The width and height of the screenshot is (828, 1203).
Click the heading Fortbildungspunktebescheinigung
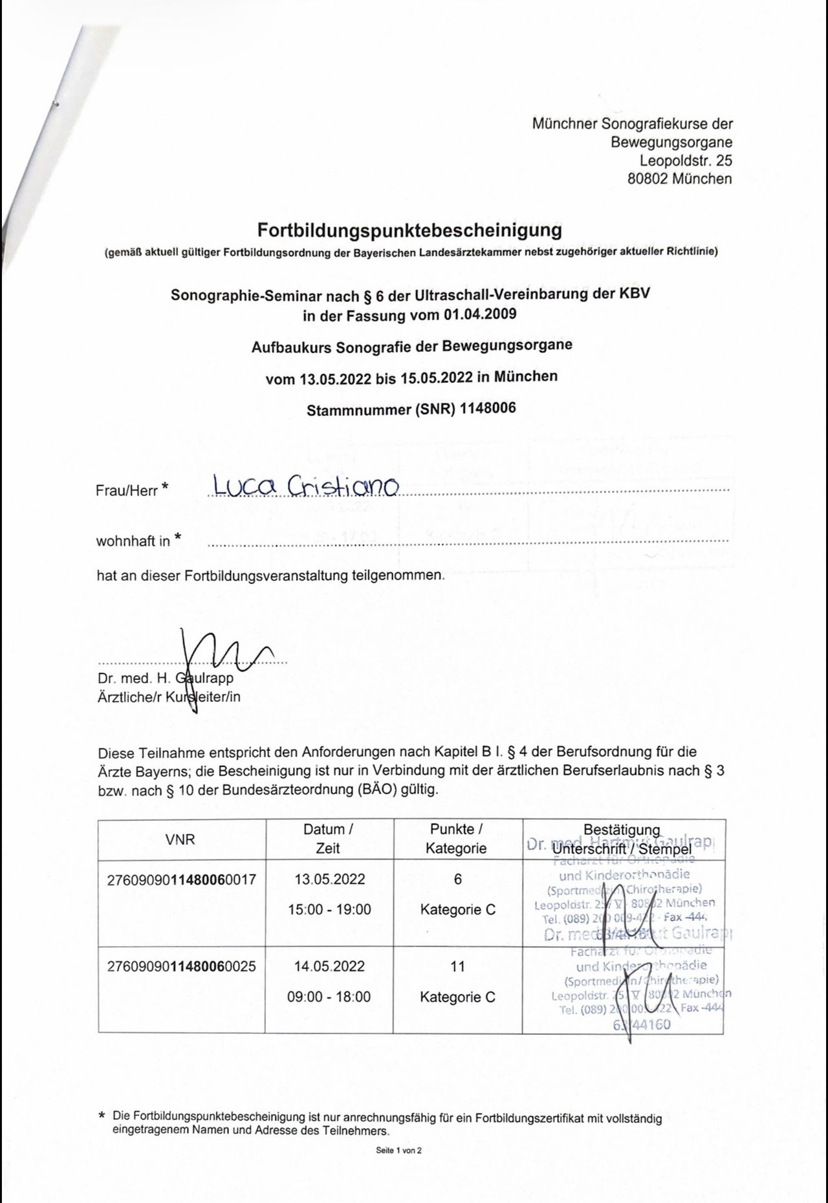[x=409, y=230]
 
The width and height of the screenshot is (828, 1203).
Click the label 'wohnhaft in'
[x=133, y=541]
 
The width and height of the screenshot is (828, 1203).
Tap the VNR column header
[x=180, y=840]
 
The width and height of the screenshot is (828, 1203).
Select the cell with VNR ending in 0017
[x=181, y=880]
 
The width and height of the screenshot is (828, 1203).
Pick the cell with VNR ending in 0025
[x=181, y=966]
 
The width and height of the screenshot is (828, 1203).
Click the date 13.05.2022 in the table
[x=329, y=880]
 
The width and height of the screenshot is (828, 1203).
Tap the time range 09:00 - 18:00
[x=329, y=997]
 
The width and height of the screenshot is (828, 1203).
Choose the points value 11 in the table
[x=457, y=966]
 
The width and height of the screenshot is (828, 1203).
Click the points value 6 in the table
[x=457, y=880]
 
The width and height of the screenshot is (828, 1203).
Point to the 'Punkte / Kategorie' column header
[x=457, y=839]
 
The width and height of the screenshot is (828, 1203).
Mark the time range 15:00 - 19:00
[x=329, y=909]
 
